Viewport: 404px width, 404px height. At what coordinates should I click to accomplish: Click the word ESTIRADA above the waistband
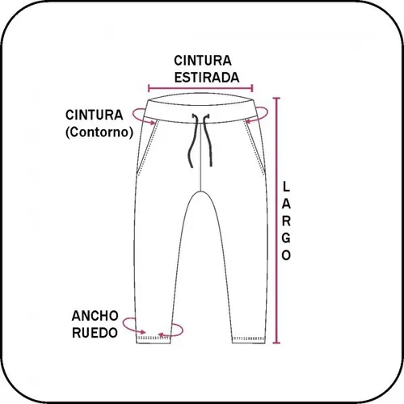click(207, 78)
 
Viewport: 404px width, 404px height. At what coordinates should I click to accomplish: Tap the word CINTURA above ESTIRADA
click(203, 61)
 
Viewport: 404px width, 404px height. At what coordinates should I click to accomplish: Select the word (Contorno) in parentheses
click(99, 133)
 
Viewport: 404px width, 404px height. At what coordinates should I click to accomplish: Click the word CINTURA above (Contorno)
click(95, 115)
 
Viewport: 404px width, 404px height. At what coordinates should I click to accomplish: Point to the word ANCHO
click(95, 316)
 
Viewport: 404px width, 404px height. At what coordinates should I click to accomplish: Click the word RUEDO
click(95, 333)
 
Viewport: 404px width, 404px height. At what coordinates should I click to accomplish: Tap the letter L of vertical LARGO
click(286, 187)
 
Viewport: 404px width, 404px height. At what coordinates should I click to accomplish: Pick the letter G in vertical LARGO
click(286, 238)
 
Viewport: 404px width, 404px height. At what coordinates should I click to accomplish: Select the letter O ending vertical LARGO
click(286, 255)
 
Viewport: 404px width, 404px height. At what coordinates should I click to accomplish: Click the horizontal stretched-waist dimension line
click(200, 88)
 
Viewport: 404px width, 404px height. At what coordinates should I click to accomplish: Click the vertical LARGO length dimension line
click(276, 221)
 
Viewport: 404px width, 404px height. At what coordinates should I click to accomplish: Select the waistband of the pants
click(200, 109)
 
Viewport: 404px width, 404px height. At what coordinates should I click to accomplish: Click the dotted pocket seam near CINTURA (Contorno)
click(148, 148)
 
